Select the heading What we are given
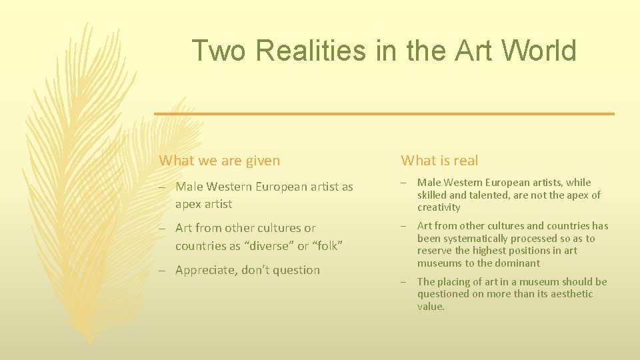(219, 160)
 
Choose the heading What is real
(439, 160)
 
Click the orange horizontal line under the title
(384, 114)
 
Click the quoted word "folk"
(327, 246)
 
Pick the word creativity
(439, 207)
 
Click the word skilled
(433, 195)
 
